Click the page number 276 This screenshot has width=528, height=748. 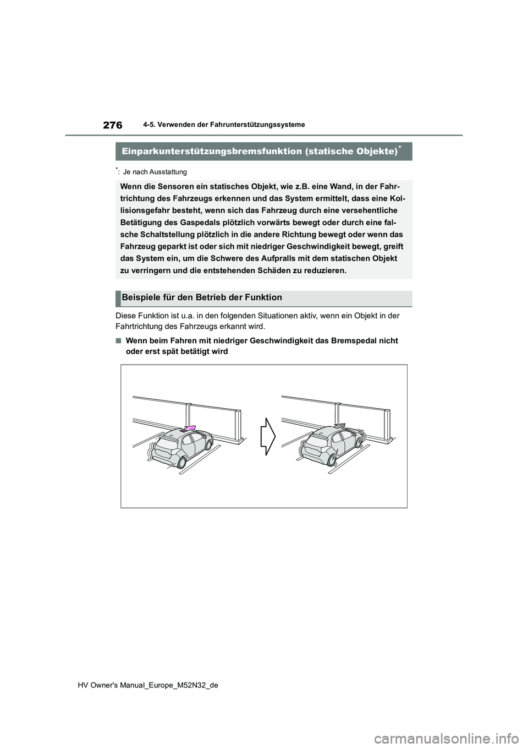click(112, 126)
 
